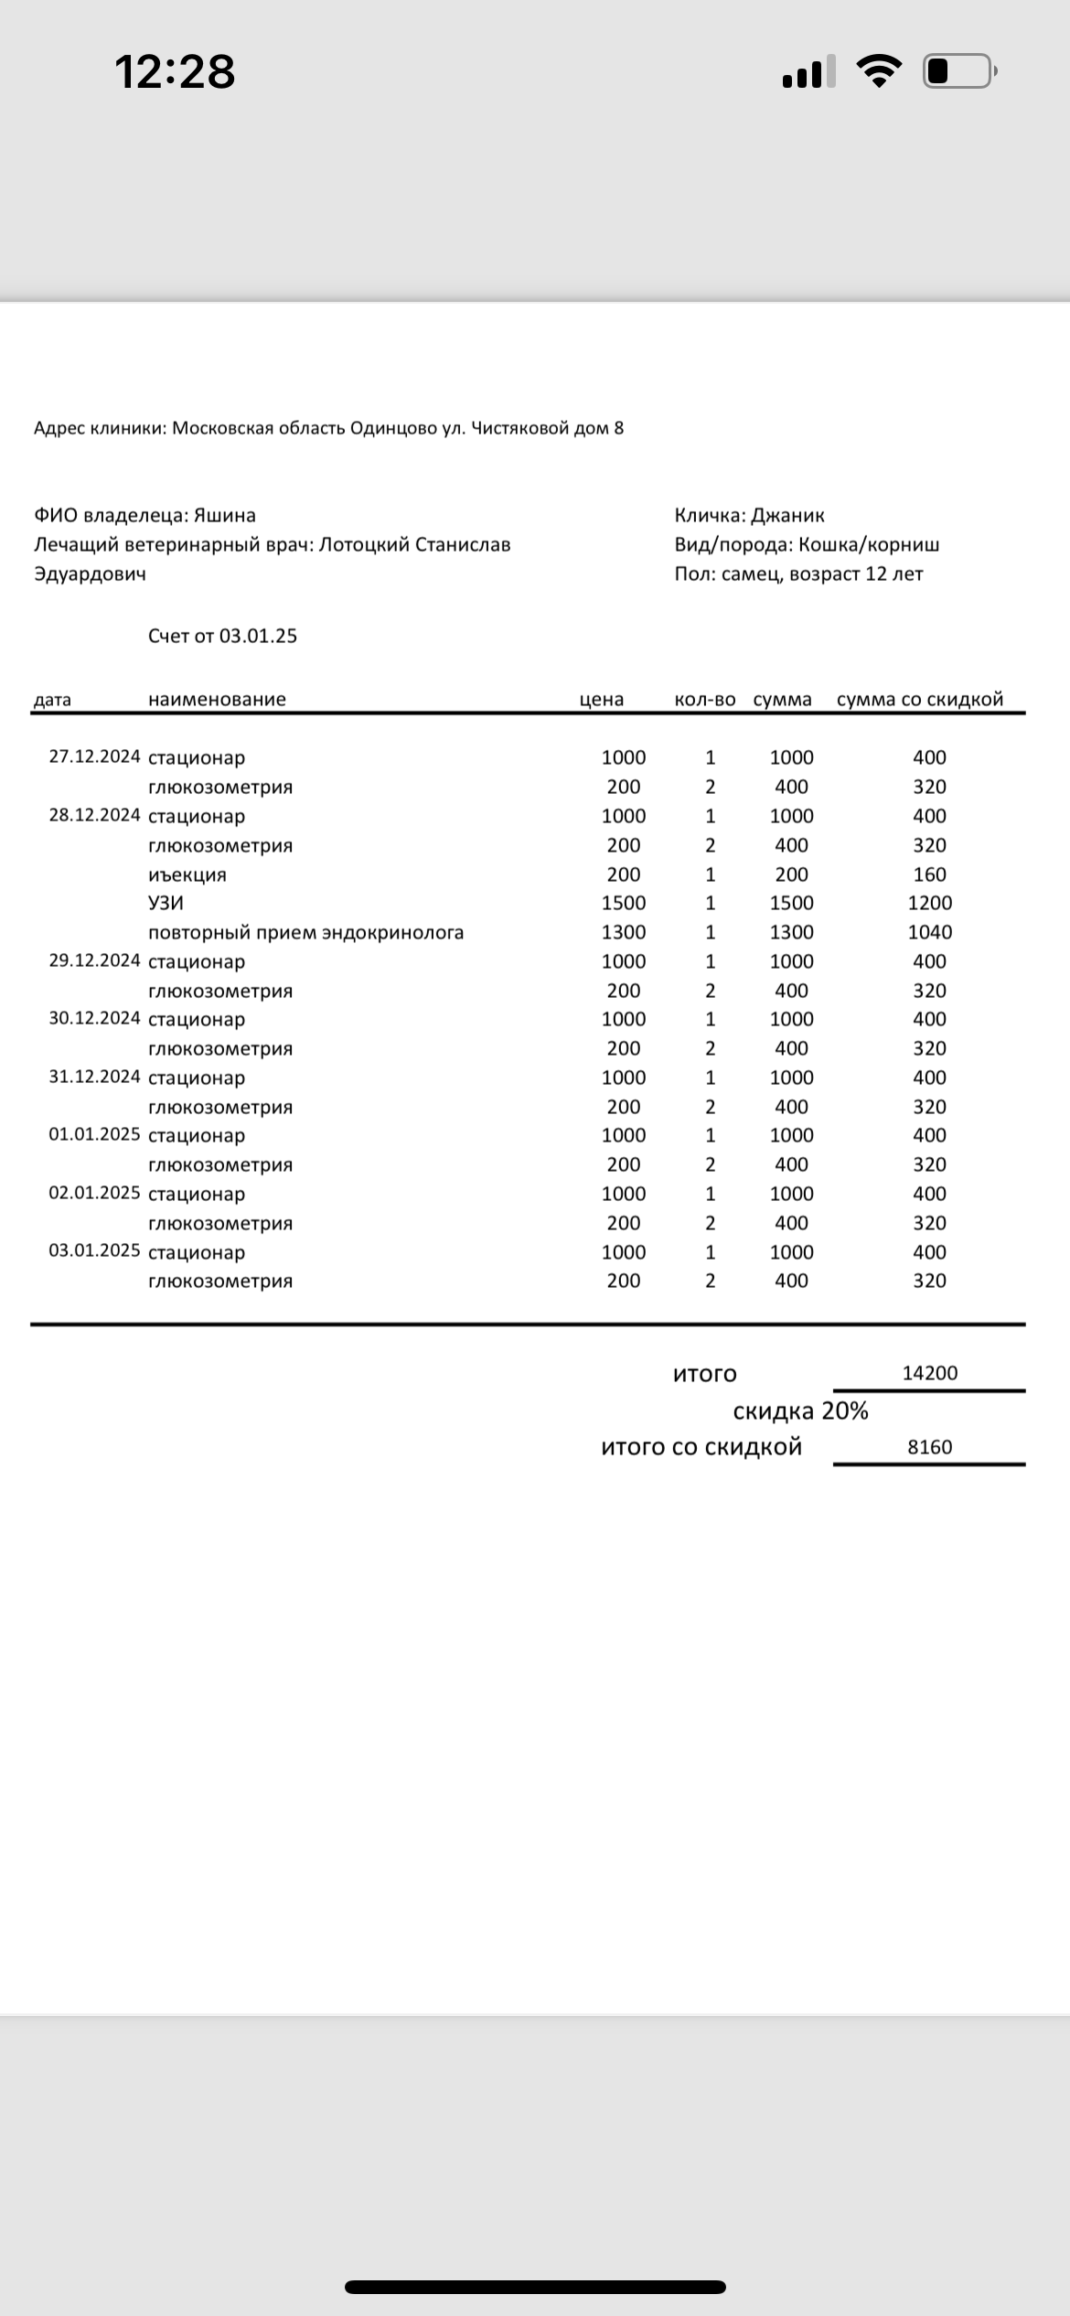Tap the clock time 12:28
click(175, 71)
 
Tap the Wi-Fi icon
click(878, 71)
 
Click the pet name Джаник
click(787, 516)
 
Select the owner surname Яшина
click(225, 516)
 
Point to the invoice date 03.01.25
click(258, 637)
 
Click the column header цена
click(602, 700)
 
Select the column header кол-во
click(704, 700)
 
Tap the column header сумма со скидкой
click(920, 700)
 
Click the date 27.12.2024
click(94, 757)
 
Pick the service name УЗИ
click(166, 904)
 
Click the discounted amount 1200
click(929, 904)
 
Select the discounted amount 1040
click(929, 933)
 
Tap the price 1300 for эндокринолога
click(624, 933)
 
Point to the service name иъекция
click(187, 874)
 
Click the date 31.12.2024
click(94, 1078)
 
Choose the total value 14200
click(929, 1374)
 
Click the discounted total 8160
click(929, 1448)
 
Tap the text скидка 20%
click(800, 1411)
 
